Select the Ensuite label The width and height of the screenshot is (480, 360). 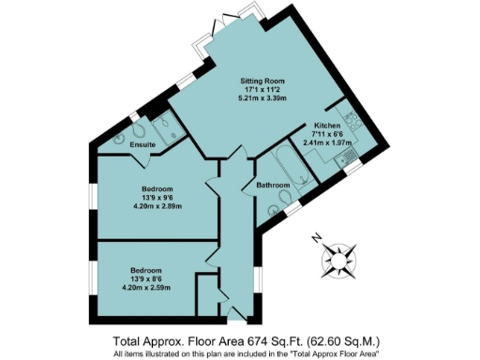(143, 145)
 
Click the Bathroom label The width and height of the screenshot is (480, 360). (273, 186)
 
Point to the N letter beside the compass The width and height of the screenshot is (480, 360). (317, 238)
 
